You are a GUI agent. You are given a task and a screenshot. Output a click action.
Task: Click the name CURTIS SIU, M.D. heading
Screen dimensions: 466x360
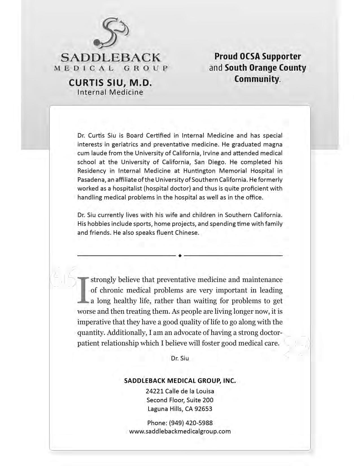110,83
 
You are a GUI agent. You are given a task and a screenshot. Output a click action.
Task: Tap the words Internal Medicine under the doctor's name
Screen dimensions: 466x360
110,92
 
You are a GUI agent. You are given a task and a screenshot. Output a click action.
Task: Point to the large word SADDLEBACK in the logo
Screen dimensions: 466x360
110,58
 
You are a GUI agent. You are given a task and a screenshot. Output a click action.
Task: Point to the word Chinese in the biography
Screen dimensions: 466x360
187,233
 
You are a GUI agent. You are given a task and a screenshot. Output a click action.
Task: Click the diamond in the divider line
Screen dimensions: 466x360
180,256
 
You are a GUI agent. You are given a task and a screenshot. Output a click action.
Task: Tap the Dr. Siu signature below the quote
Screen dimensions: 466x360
180,358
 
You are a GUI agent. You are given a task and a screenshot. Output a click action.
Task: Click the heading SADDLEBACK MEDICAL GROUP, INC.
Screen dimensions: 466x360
180,380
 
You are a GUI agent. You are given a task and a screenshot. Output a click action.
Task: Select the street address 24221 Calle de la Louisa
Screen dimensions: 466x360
180,391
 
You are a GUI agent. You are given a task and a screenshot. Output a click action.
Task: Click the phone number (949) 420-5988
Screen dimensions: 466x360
191,423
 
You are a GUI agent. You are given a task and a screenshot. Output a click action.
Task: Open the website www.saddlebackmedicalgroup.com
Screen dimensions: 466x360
180,431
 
